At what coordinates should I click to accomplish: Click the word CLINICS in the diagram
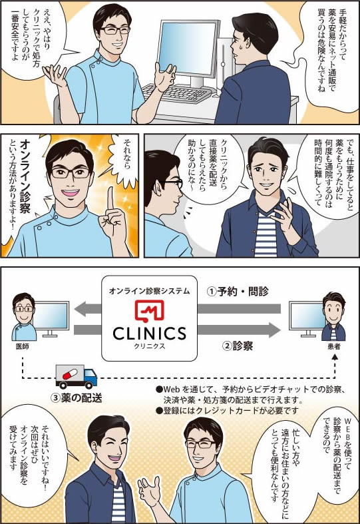click(x=149, y=334)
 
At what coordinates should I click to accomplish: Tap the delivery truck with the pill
click(x=76, y=377)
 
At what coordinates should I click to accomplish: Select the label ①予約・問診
click(x=238, y=292)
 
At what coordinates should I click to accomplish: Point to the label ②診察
click(x=238, y=346)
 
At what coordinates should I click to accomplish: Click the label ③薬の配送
click(x=76, y=397)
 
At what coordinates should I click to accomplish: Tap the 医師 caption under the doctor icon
click(x=23, y=346)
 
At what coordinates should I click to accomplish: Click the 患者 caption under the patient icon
click(x=334, y=346)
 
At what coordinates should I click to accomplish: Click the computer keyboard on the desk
click(x=176, y=93)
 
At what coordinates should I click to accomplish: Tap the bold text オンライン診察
click(x=25, y=176)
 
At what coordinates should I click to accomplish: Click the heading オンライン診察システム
click(x=149, y=291)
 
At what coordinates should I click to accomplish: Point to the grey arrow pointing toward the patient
click(x=239, y=330)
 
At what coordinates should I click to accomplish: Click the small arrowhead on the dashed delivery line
click(x=335, y=358)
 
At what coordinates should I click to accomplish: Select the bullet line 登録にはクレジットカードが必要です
click(x=227, y=410)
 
